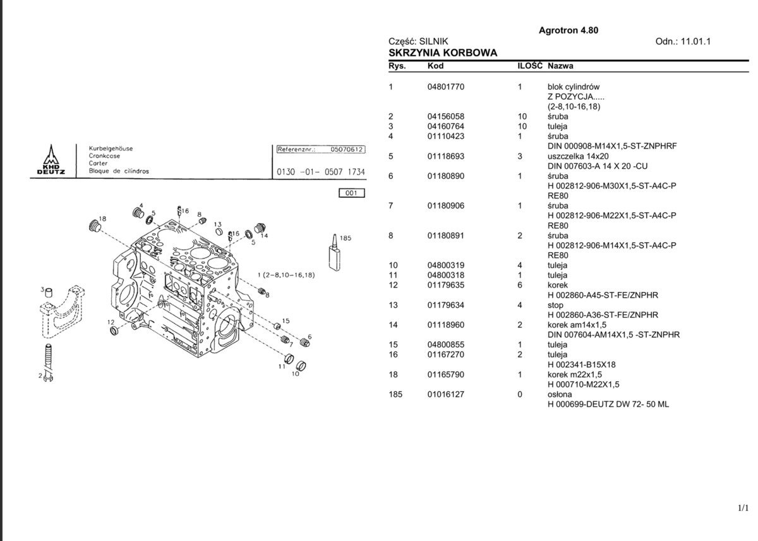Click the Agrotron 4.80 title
568,30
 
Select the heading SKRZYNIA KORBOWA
443,53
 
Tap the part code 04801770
446,87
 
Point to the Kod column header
435,66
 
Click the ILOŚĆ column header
529,65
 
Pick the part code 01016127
446,394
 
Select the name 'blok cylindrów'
574,87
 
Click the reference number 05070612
347,149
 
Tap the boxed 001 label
352,193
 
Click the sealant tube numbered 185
334,253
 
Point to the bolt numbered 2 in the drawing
49,362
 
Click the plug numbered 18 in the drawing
93,226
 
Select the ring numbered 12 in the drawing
114,331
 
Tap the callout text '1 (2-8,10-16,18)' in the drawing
286,275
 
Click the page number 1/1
743,508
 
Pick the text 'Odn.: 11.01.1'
683,42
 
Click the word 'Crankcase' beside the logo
104,156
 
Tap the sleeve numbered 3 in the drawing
49,292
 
